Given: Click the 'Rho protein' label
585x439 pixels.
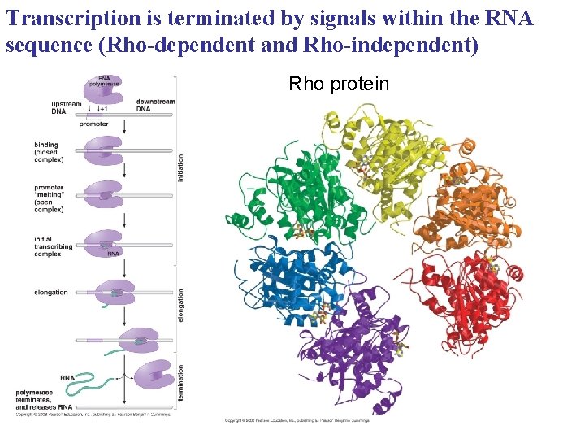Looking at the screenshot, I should [339, 85].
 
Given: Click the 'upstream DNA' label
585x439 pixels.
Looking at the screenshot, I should [66, 107].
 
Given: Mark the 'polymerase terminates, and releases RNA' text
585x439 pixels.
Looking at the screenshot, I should [45, 400].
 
